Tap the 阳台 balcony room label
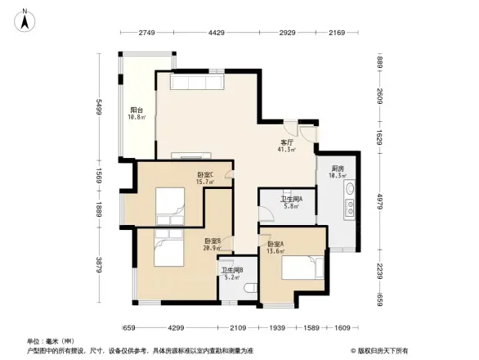coord(137,110)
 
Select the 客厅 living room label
coord(287,142)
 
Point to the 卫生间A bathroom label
coord(292,199)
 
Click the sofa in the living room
coord(194,82)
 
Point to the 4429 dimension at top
coord(216,33)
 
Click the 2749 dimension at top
coord(146,33)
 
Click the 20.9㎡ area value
coord(213,248)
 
